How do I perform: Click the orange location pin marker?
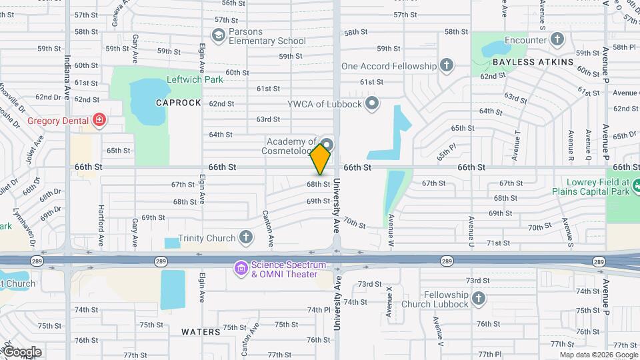(x=321, y=159)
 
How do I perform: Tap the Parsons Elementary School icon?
(x=218, y=35)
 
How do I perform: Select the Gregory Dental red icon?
(x=99, y=120)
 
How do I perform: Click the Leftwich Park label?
(x=194, y=79)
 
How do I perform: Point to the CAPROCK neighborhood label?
(x=178, y=103)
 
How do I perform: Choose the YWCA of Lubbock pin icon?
(x=372, y=103)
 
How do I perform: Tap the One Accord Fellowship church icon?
(x=447, y=66)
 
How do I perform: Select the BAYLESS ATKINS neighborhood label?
(x=533, y=62)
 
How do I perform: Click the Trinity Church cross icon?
(x=246, y=238)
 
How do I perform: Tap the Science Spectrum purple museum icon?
(x=240, y=268)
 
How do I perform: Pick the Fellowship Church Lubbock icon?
(x=478, y=298)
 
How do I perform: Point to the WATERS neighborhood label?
(x=200, y=331)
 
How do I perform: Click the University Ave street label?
(x=337, y=303)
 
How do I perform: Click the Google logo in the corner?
(x=22, y=352)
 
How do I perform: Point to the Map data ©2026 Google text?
(x=599, y=355)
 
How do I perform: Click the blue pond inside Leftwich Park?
(x=147, y=102)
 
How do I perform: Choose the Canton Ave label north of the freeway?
(x=269, y=226)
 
